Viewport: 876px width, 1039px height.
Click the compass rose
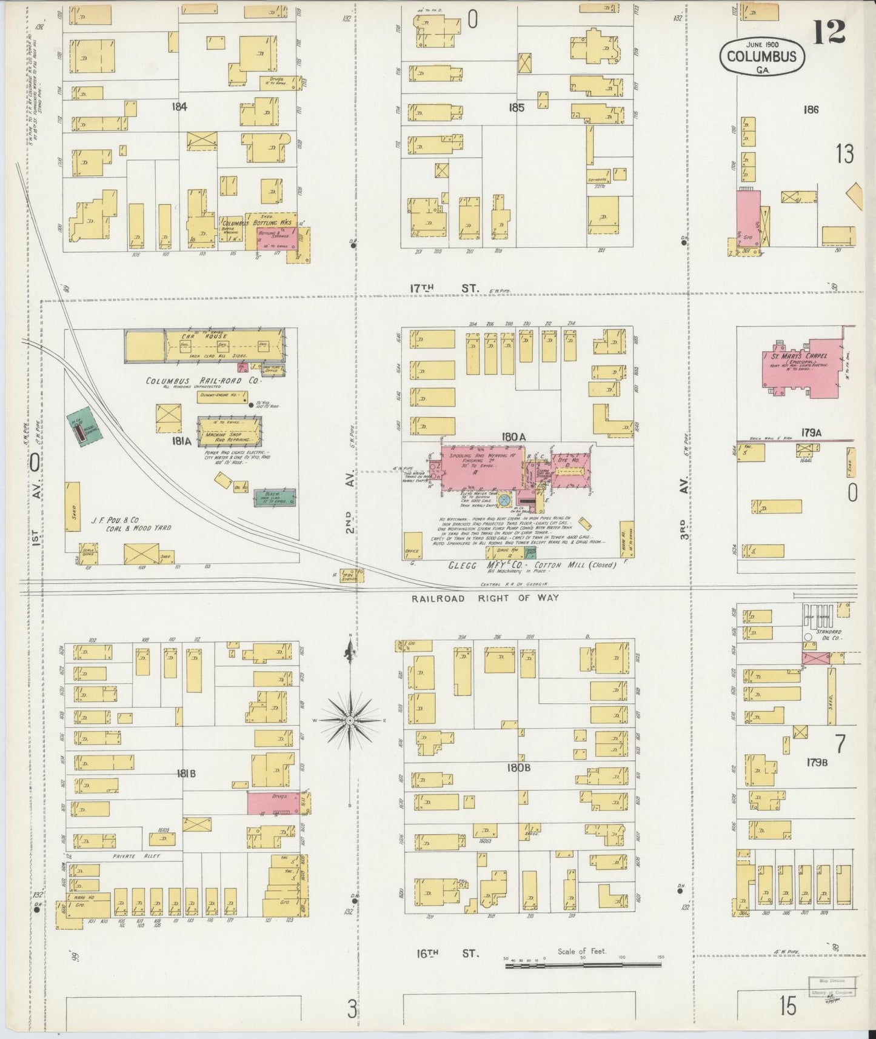[350, 720]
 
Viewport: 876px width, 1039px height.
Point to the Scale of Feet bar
[584, 963]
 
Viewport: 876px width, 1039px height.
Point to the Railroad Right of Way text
[484, 598]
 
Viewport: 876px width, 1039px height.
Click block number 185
[517, 108]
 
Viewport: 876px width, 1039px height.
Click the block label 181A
[181, 441]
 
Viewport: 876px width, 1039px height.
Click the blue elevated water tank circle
[503, 499]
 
